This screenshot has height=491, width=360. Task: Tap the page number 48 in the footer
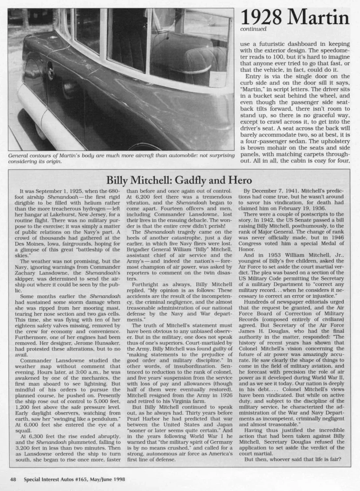click(13, 479)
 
